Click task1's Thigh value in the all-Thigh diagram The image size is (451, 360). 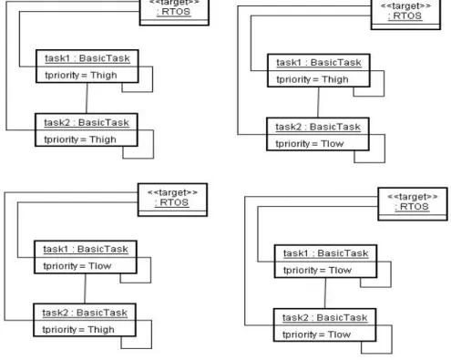[x=104, y=76]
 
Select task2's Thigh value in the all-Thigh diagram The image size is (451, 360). [x=103, y=139]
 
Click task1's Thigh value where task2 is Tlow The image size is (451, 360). [x=335, y=79]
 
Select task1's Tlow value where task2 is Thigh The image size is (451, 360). [x=100, y=266]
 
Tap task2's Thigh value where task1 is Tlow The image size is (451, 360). [x=101, y=330]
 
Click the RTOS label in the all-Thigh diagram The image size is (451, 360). [x=174, y=12]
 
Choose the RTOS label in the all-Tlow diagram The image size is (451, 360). [x=412, y=207]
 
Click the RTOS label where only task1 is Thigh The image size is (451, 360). [x=405, y=15]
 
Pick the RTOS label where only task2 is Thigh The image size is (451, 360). [x=172, y=202]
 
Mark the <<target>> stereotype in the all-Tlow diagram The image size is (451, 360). [x=413, y=197]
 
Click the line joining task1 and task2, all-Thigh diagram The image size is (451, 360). [x=87, y=98]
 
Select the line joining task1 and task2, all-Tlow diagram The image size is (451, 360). [x=325, y=293]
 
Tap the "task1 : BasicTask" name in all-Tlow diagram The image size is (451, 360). [x=325, y=253]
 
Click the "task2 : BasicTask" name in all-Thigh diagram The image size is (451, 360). [x=87, y=123]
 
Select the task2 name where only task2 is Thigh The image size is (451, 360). [x=85, y=313]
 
